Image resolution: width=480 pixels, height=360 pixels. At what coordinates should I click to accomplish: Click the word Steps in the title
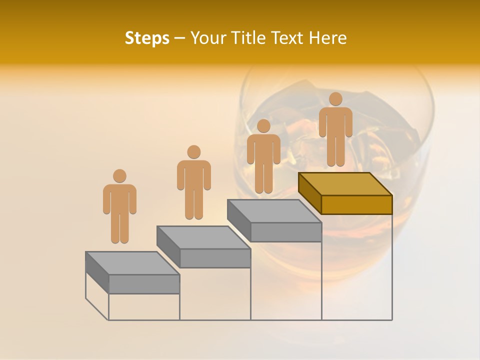(147, 38)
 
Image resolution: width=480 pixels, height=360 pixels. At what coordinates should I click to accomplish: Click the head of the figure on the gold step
(335, 99)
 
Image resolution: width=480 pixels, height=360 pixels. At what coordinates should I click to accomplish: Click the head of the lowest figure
(119, 176)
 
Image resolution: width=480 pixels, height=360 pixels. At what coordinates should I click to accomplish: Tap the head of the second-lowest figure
(193, 152)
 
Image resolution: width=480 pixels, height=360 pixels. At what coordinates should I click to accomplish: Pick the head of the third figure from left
(263, 125)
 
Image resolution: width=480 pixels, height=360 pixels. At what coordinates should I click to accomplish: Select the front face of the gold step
(356, 204)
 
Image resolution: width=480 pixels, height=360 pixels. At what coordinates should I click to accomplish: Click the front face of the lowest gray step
(144, 284)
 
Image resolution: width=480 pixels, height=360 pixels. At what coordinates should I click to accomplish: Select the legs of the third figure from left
(263, 178)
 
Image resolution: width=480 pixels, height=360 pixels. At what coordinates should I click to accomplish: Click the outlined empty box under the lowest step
(144, 306)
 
